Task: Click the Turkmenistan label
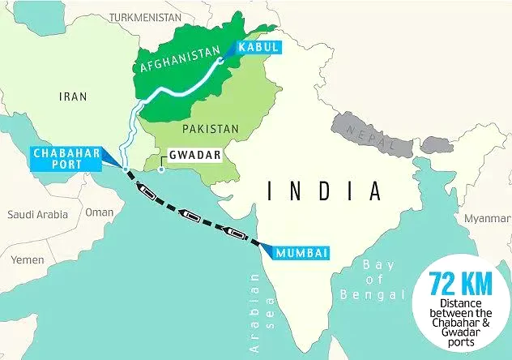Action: point(145,16)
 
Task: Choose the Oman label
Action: point(100,212)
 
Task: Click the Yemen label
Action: point(28,259)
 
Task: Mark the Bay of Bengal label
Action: point(372,278)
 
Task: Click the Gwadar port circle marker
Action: point(160,169)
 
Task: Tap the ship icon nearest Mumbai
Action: point(237,234)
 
